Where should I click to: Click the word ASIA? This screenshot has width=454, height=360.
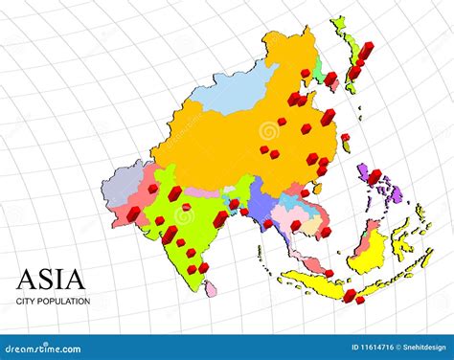(x=51, y=280)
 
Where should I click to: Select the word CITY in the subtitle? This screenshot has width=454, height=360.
(x=26, y=302)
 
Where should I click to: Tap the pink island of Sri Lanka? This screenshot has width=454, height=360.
(x=212, y=288)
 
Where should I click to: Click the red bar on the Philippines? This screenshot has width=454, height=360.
(x=374, y=177)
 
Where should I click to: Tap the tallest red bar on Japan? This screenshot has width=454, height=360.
(x=365, y=53)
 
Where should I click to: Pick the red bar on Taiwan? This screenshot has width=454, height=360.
(x=345, y=139)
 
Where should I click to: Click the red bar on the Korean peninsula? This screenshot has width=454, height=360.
(x=330, y=79)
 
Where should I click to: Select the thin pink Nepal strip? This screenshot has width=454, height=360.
(x=202, y=192)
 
